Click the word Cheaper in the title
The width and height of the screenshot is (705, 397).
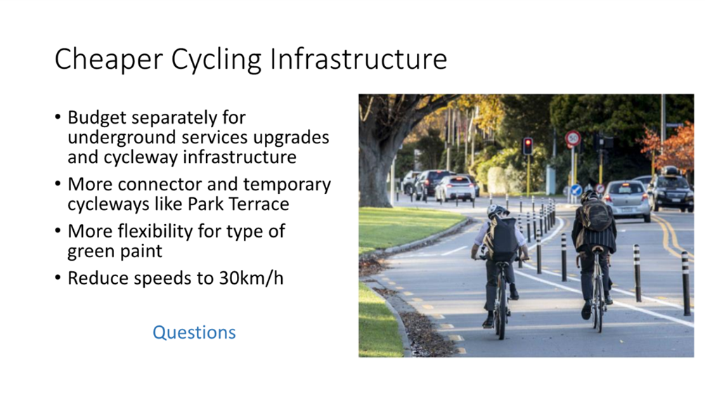(x=108, y=59)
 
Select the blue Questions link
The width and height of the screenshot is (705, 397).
(x=194, y=332)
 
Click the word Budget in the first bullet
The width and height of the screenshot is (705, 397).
(x=97, y=118)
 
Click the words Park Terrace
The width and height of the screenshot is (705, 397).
(x=238, y=204)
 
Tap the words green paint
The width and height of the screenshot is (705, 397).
(x=115, y=251)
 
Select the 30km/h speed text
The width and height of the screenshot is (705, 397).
(x=252, y=278)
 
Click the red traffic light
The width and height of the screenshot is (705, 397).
(x=528, y=146)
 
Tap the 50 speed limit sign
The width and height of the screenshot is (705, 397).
(x=573, y=138)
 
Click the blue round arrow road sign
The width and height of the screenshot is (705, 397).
(x=576, y=190)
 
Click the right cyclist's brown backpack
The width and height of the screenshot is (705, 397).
(x=595, y=215)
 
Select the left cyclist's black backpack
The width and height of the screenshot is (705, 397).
(x=501, y=238)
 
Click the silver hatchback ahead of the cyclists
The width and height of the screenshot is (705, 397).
(x=627, y=200)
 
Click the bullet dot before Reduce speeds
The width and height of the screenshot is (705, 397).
(x=58, y=278)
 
